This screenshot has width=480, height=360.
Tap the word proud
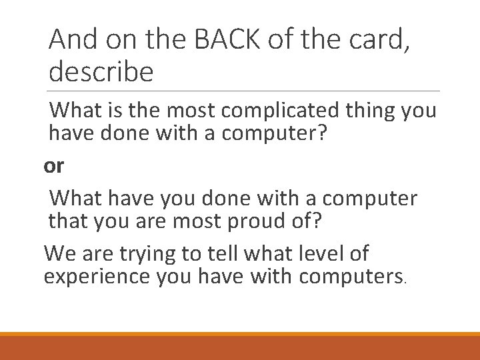click(251, 221)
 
